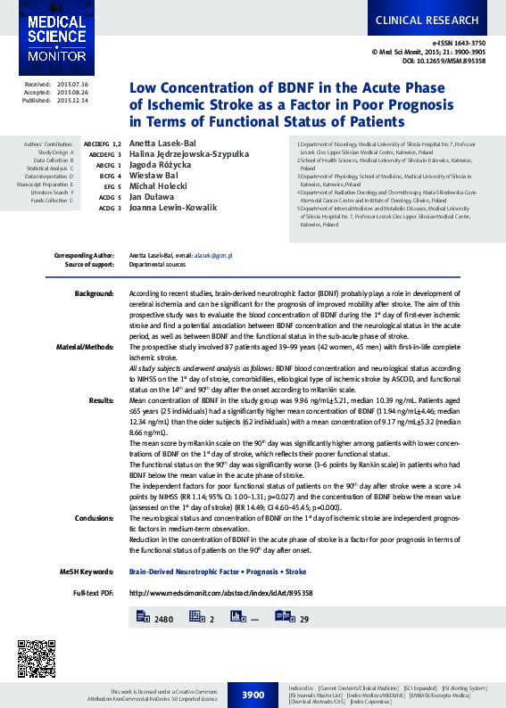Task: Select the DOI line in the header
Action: (444, 62)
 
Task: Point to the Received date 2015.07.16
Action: (72, 83)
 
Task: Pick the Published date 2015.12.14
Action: (72, 101)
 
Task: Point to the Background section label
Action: (94, 292)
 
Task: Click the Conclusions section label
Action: (94, 517)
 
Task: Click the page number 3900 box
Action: (253, 694)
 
